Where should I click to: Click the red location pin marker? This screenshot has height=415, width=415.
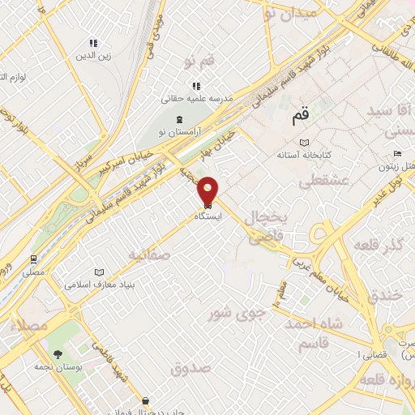pyautogui.click(x=208, y=190)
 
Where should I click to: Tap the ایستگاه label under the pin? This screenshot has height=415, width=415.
pyautogui.click(x=208, y=216)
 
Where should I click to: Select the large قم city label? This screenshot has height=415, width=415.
pyautogui.click(x=301, y=118)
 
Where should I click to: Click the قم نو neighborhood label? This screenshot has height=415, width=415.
pyautogui.click(x=199, y=62)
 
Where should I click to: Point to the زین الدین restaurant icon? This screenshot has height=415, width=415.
pyautogui.click(x=93, y=43)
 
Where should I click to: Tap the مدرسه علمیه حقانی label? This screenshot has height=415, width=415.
pyautogui.click(x=198, y=98)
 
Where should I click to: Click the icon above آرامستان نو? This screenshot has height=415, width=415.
pyautogui.click(x=180, y=120)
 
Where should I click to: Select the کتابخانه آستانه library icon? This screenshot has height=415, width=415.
pyautogui.click(x=304, y=143)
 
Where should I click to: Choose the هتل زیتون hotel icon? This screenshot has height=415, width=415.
pyautogui.click(x=396, y=154)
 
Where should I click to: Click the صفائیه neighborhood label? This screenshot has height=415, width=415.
pyautogui.click(x=148, y=255)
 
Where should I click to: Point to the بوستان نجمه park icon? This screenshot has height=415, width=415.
pyautogui.click(x=58, y=354)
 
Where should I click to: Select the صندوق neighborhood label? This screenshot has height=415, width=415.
pyautogui.click(x=190, y=368)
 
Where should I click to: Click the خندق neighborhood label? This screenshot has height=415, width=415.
pyautogui.click(x=384, y=296)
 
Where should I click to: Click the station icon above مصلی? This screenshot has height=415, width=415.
pyautogui.click(x=34, y=259)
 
